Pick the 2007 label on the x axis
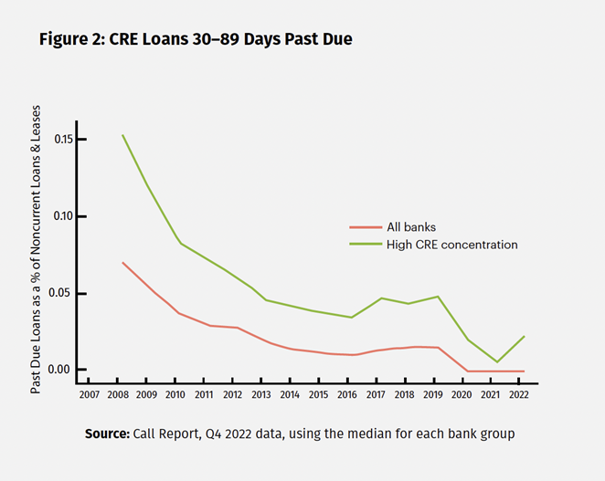(x=89, y=394)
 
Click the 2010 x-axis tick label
(x=175, y=394)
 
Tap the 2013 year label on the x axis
(x=261, y=394)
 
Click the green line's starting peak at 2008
(x=122, y=135)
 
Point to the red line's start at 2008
(x=122, y=262)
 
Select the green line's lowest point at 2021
(x=497, y=362)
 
